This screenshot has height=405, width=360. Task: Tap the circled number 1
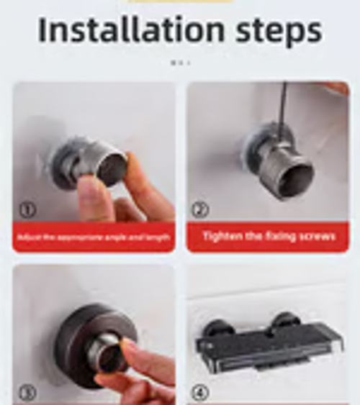tap(27, 210)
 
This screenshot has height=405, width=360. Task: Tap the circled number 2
tap(201, 210)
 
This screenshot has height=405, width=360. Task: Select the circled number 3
tap(27, 393)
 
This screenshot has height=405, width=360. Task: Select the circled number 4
tap(201, 393)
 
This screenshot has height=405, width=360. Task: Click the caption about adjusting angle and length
tap(94, 237)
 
